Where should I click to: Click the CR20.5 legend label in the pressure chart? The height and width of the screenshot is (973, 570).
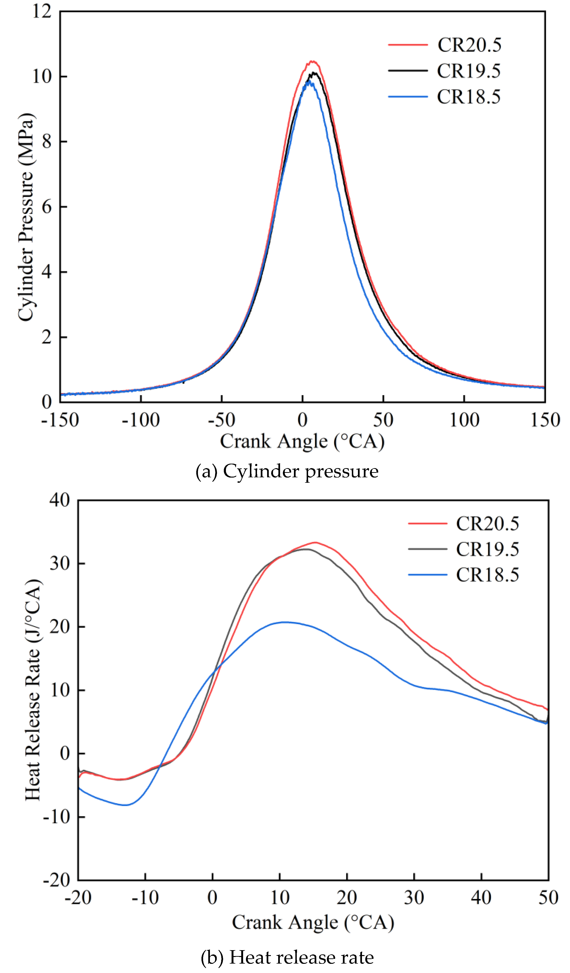coord(469,45)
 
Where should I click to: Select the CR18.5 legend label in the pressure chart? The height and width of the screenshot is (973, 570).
coord(469,97)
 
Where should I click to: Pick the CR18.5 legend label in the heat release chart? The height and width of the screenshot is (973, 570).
coord(487,575)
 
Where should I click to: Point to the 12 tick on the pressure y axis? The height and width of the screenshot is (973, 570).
coord(42,11)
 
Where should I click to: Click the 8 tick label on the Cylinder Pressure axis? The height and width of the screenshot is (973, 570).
coord(47,142)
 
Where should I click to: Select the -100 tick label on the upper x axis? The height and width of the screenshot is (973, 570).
coord(141,420)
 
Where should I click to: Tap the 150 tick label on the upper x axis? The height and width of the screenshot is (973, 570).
coord(545,420)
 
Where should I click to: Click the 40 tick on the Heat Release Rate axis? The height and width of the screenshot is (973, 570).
coord(59,500)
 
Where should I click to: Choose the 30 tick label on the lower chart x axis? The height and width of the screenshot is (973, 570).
coord(414,897)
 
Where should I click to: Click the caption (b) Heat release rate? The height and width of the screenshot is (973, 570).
coord(287,957)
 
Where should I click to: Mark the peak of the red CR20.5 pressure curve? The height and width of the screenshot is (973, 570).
coord(312,61)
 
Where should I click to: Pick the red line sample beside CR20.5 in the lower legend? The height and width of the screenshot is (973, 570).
coord(427,523)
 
